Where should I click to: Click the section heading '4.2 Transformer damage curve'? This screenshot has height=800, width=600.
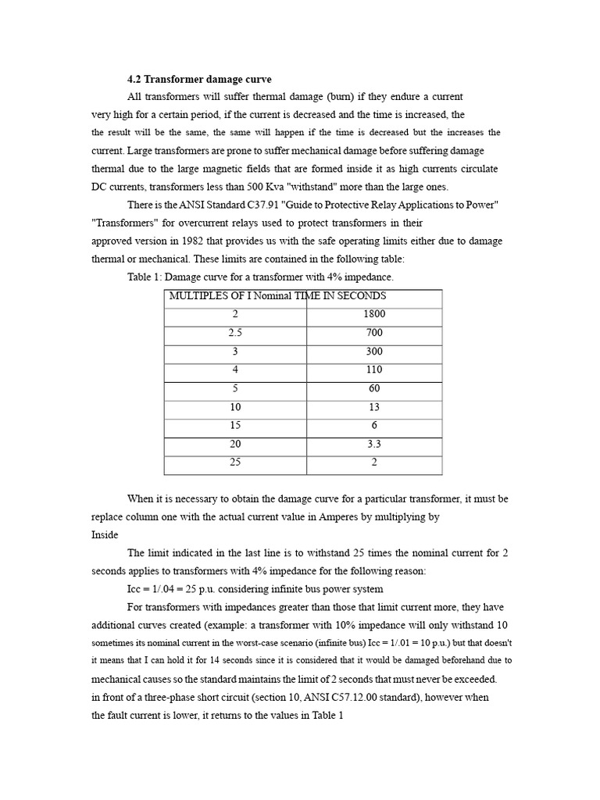[199, 79]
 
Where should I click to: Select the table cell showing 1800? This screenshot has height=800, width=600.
[373, 314]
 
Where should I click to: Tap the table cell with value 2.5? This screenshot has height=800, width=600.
[235, 333]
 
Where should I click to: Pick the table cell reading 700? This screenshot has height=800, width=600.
[373, 333]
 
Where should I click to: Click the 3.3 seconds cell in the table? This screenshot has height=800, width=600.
[373, 444]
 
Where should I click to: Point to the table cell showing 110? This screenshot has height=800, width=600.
[373, 370]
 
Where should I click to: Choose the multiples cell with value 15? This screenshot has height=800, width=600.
[235, 425]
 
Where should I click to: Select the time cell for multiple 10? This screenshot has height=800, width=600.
[373, 407]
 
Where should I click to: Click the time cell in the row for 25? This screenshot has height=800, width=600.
[373, 462]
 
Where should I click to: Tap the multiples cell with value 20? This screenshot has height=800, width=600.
[235, 444]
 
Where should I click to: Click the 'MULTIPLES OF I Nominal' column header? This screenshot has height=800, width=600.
[235, 296]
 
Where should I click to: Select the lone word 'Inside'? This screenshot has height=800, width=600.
[105, 535]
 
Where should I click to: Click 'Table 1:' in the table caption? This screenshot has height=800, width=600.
[145, 277]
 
